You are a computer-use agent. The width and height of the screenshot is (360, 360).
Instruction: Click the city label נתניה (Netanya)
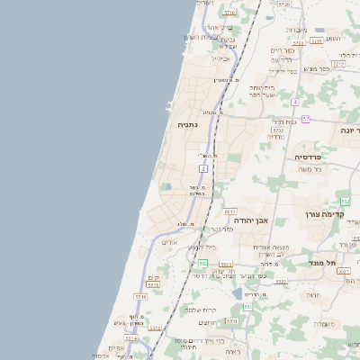[x=188, y=125]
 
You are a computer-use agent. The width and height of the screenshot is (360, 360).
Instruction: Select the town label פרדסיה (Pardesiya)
[x=313, y=157]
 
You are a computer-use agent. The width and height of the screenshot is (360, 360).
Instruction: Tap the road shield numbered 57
[x=306, y=118]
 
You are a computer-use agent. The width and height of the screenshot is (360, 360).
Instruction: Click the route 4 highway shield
[x=294, y=102]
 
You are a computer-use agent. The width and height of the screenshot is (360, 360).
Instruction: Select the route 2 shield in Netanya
[x=204, y=168]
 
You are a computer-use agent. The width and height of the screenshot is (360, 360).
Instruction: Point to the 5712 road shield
[x=338, y=65]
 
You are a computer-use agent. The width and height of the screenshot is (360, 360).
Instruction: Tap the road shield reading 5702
[x=277, y=130]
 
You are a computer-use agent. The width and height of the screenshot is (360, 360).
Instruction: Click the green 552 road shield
[x=203, y=263]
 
